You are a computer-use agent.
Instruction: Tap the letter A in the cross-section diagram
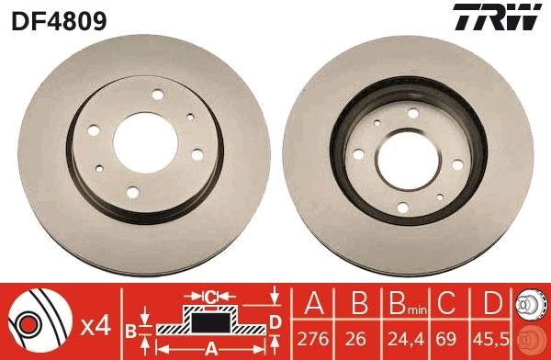(210, 347)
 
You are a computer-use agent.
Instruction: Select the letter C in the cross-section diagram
(210, 297)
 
